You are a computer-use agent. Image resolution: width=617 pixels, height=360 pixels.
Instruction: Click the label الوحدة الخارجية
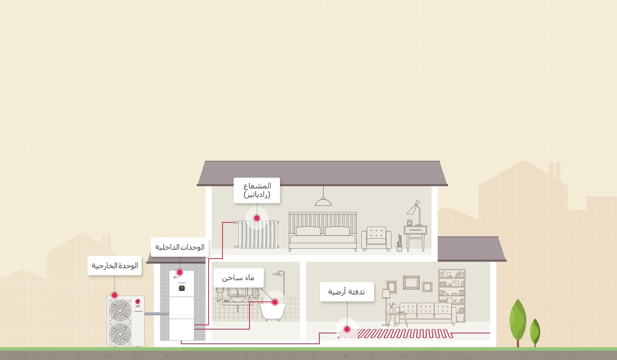pyautogui.click(x=115, y=266)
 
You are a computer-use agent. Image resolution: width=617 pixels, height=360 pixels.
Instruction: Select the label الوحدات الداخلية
pyautogui.click(x=180, y=247)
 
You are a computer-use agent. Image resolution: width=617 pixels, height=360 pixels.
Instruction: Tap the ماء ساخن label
pyautogui.click(x=238, y=278)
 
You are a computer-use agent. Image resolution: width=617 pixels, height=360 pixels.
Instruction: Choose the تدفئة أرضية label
pyautogui.click(x=347, y=292)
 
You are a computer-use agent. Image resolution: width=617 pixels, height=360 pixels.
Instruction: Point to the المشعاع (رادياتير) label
pyautogui.click(x=257, y=190)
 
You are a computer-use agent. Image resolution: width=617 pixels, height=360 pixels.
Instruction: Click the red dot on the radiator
pyautogui.click(x=257, y=218)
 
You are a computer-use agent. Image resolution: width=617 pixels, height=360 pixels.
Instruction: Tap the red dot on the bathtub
pyautogui.click(x=275, y=302)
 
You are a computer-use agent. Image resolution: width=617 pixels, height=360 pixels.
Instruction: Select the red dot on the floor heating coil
pyautogui.click(x=347, y=329)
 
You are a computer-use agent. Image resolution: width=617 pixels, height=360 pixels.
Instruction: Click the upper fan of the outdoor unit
pyautogui.click(x=120, y=310)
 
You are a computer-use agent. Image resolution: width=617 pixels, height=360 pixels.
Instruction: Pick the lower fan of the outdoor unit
pyautogui.click(x=120, y=333)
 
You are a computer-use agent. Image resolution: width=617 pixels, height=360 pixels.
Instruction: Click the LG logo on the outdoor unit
pyautogui.click(x=138, y=302)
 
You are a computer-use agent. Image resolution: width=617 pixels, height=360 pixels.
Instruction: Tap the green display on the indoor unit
pyautogui.click(x=182, y=288)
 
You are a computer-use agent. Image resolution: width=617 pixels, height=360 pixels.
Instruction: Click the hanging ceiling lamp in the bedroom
pyautogui.click(x=323, y=201)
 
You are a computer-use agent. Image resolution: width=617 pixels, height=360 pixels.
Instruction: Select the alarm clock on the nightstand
pyautogui.click(x=410, y=222)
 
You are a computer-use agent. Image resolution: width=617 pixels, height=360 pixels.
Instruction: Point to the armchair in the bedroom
pyautogui.click(x=376, y=238)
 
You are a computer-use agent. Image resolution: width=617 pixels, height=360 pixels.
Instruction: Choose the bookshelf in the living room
pyautogui.click(x=452, y=295)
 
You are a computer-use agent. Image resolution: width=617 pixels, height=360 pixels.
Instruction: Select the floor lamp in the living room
pyautogui.click(x=386, y=301)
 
